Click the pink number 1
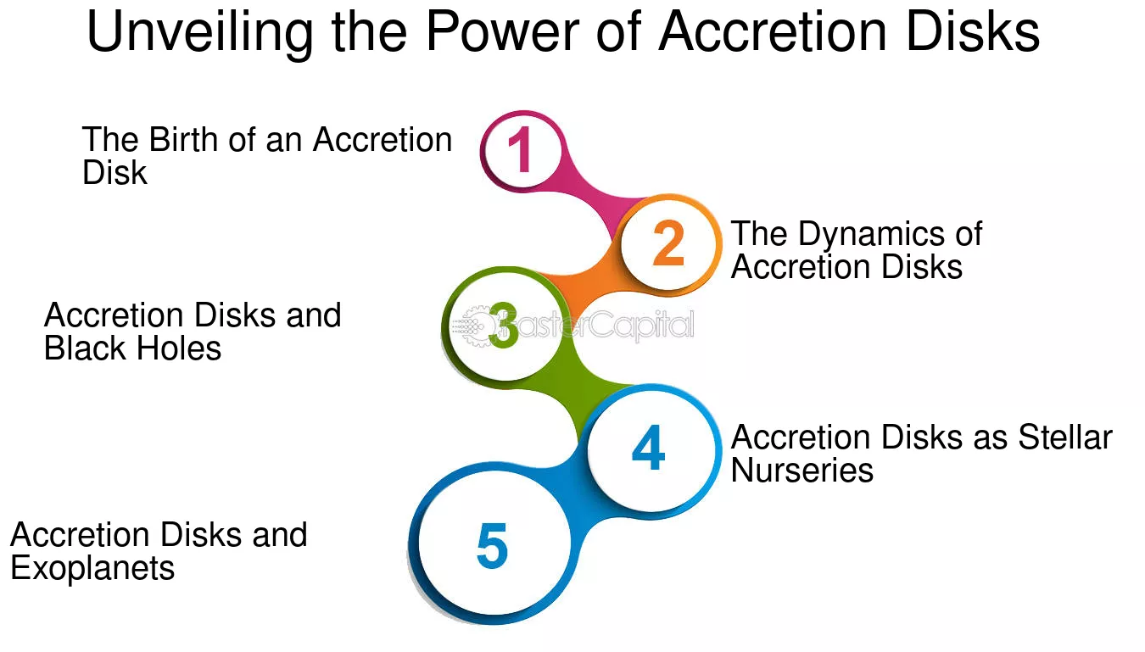pos(521,150)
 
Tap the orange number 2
pos(668,242)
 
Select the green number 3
pos(504,325)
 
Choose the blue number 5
pos(492,545)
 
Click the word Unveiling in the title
pos(199,31)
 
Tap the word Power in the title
pos(502,31)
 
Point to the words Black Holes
pos(132,348)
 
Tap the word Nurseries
pos(802,470)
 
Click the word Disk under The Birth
pos(114,172)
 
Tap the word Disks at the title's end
pos(973,31)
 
